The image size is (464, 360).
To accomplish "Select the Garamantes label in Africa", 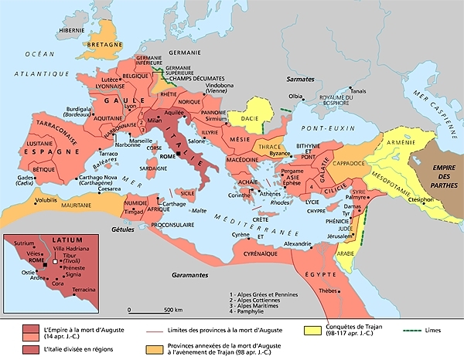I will tap(189, 275).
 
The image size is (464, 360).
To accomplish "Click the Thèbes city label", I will tap(331, 291).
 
